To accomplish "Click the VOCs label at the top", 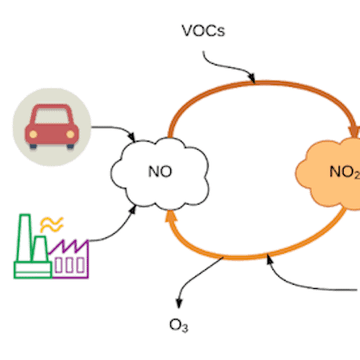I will pyautogui.click(x=203, y=32).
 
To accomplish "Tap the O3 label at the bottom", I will pyautogui.click(x=178, y=325).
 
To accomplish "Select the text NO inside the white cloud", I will pyautogui.click(x=160, y=172).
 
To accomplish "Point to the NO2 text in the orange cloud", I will pyautogui.click(x=343, y=172).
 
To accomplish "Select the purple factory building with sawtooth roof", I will pyautogui.click(x=69, y=259).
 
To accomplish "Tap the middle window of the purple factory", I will pyautogui.click(x=69, y=263).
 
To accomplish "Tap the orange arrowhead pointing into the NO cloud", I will pyautogui.click(x=170, y=216).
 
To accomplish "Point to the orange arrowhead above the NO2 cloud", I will pyautogui.click(x=354, y=131).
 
